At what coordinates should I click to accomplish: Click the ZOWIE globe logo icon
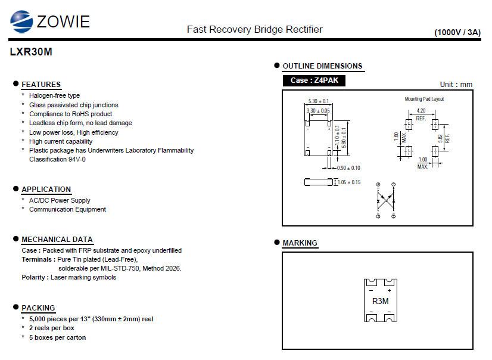tap(21, 21)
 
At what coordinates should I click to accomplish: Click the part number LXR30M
tap(31, 52)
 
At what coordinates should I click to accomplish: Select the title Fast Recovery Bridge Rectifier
tap(254, 29)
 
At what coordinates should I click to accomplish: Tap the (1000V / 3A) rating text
tap(457, 32)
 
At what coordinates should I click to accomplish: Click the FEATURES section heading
tap(41, 84)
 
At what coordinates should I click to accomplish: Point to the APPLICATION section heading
tap(46, 190)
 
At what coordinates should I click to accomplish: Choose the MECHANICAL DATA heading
tap(57, 240)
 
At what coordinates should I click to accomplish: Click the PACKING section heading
tap(38, 308)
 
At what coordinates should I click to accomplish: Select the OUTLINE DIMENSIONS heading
tap(322, 66)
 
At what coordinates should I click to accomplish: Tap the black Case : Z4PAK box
tap(314, 80)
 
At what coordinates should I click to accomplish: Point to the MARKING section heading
tap(300, 243)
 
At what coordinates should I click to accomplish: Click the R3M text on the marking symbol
tap(380, 301)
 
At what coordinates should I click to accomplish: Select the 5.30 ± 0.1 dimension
tap(319, 101)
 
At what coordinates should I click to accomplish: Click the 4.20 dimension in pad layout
tap(421, 111)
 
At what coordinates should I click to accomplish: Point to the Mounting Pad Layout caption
tap(424, 99)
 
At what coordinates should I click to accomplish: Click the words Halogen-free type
tap(54, 95)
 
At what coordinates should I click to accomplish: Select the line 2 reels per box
tap(52, 328)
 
